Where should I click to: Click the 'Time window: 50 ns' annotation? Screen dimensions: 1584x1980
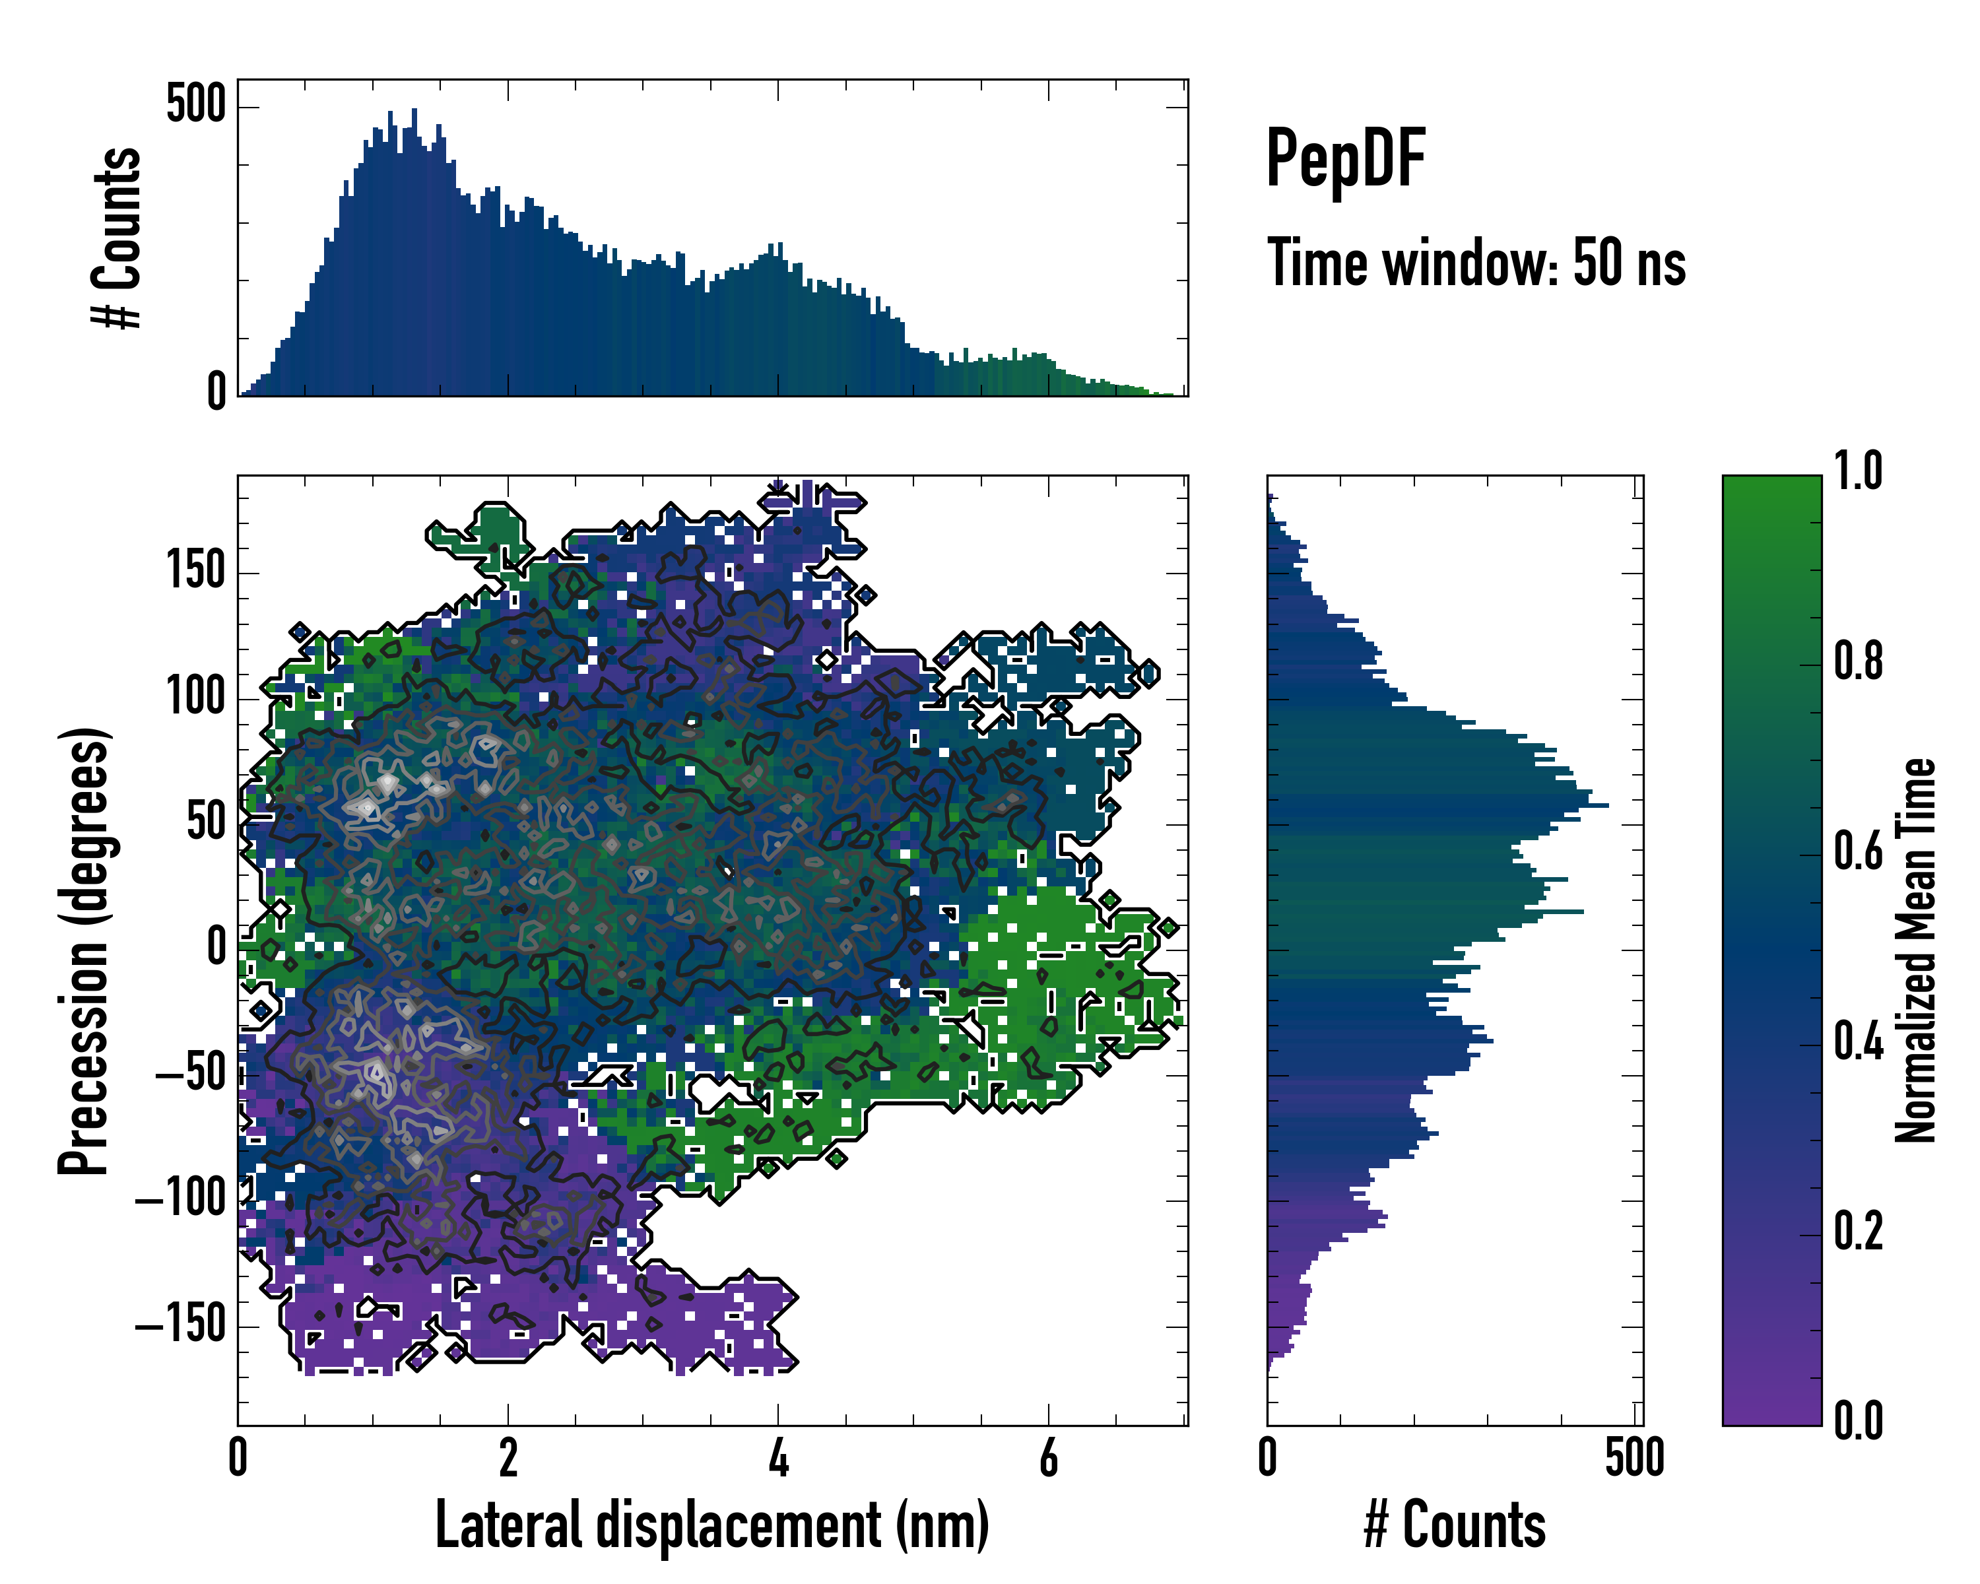pyautogui.click(x=1476, y=263)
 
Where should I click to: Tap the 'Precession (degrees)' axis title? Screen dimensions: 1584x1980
pyautogui.click(x=84, y=950)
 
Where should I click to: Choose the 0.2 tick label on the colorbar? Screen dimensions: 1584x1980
pyautogui.click(x=1858, y=1232)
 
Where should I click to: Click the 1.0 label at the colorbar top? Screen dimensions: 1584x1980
pyautogui.click(x=1858, y=471)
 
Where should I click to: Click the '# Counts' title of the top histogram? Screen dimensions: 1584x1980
pyautogui.click(x=117, y=237)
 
